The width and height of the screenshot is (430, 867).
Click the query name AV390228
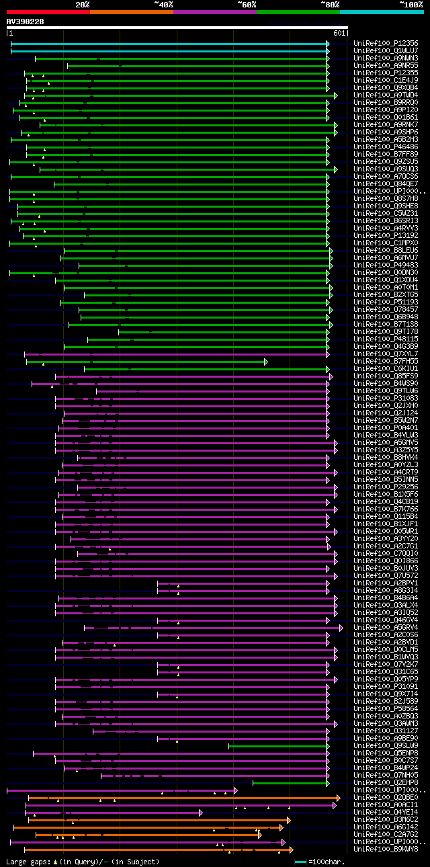pos(25,22)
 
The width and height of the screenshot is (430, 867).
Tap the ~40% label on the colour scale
pos(163,5)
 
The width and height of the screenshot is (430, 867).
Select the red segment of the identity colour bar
pos(47,11)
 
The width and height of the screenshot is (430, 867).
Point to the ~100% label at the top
pos(411,5)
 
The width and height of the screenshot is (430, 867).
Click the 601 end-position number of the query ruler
pos(339,33)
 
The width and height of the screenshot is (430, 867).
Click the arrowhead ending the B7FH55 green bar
pos(266,362)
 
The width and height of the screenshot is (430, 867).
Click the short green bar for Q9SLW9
pos(278,745)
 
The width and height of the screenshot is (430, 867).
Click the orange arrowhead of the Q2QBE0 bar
pos(338,798)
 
